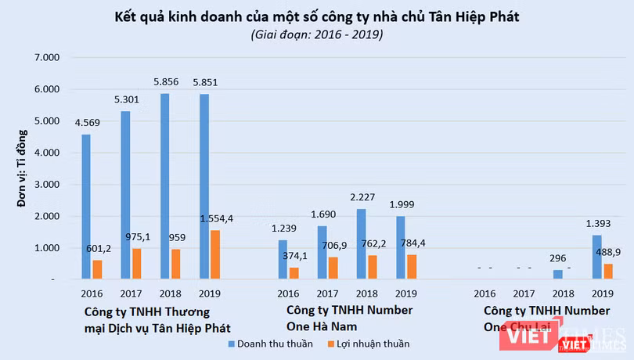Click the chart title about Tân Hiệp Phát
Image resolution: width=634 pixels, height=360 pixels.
pos(317,16)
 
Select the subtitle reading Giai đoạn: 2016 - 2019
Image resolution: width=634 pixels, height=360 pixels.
pos(317,34)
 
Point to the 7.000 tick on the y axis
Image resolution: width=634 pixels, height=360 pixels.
pos(46,58)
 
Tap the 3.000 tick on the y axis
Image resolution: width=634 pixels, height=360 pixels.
pos(46,185)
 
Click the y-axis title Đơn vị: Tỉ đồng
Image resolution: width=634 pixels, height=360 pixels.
pos(23,168)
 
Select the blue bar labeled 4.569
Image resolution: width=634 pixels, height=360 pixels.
pos(86,207)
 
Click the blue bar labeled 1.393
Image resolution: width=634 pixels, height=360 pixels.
pos(596,257)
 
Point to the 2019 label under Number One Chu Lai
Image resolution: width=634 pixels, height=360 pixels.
pos(601,294)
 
